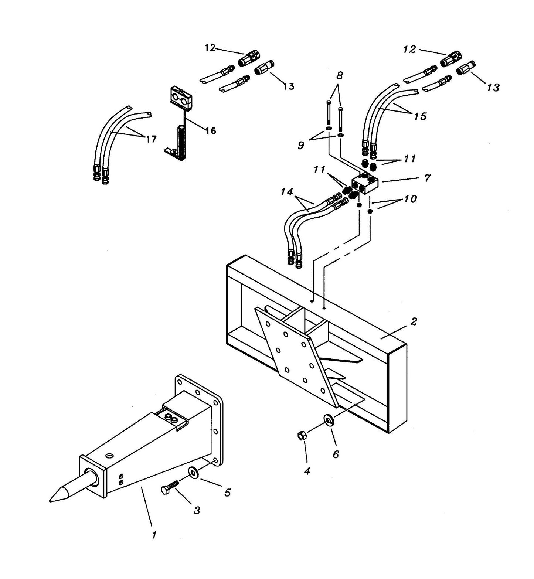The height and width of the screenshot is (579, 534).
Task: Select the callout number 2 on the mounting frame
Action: point(414,321)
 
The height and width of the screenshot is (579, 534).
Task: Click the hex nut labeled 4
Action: point(301,436)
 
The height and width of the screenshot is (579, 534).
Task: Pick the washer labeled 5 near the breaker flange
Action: point(193,473)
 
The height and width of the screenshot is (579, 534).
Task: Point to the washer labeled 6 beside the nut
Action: point(328,419)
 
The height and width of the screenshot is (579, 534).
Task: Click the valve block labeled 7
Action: point(365,183)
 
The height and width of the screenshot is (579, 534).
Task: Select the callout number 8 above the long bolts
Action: point(339,76)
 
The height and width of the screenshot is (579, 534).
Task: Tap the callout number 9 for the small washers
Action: point(301,145)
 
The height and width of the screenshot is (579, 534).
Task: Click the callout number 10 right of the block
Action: point(410,199)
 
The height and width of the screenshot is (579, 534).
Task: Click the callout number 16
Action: point(210,130)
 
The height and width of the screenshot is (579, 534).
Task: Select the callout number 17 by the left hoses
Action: point(151,139)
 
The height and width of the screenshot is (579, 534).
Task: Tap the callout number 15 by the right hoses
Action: point(420,116)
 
